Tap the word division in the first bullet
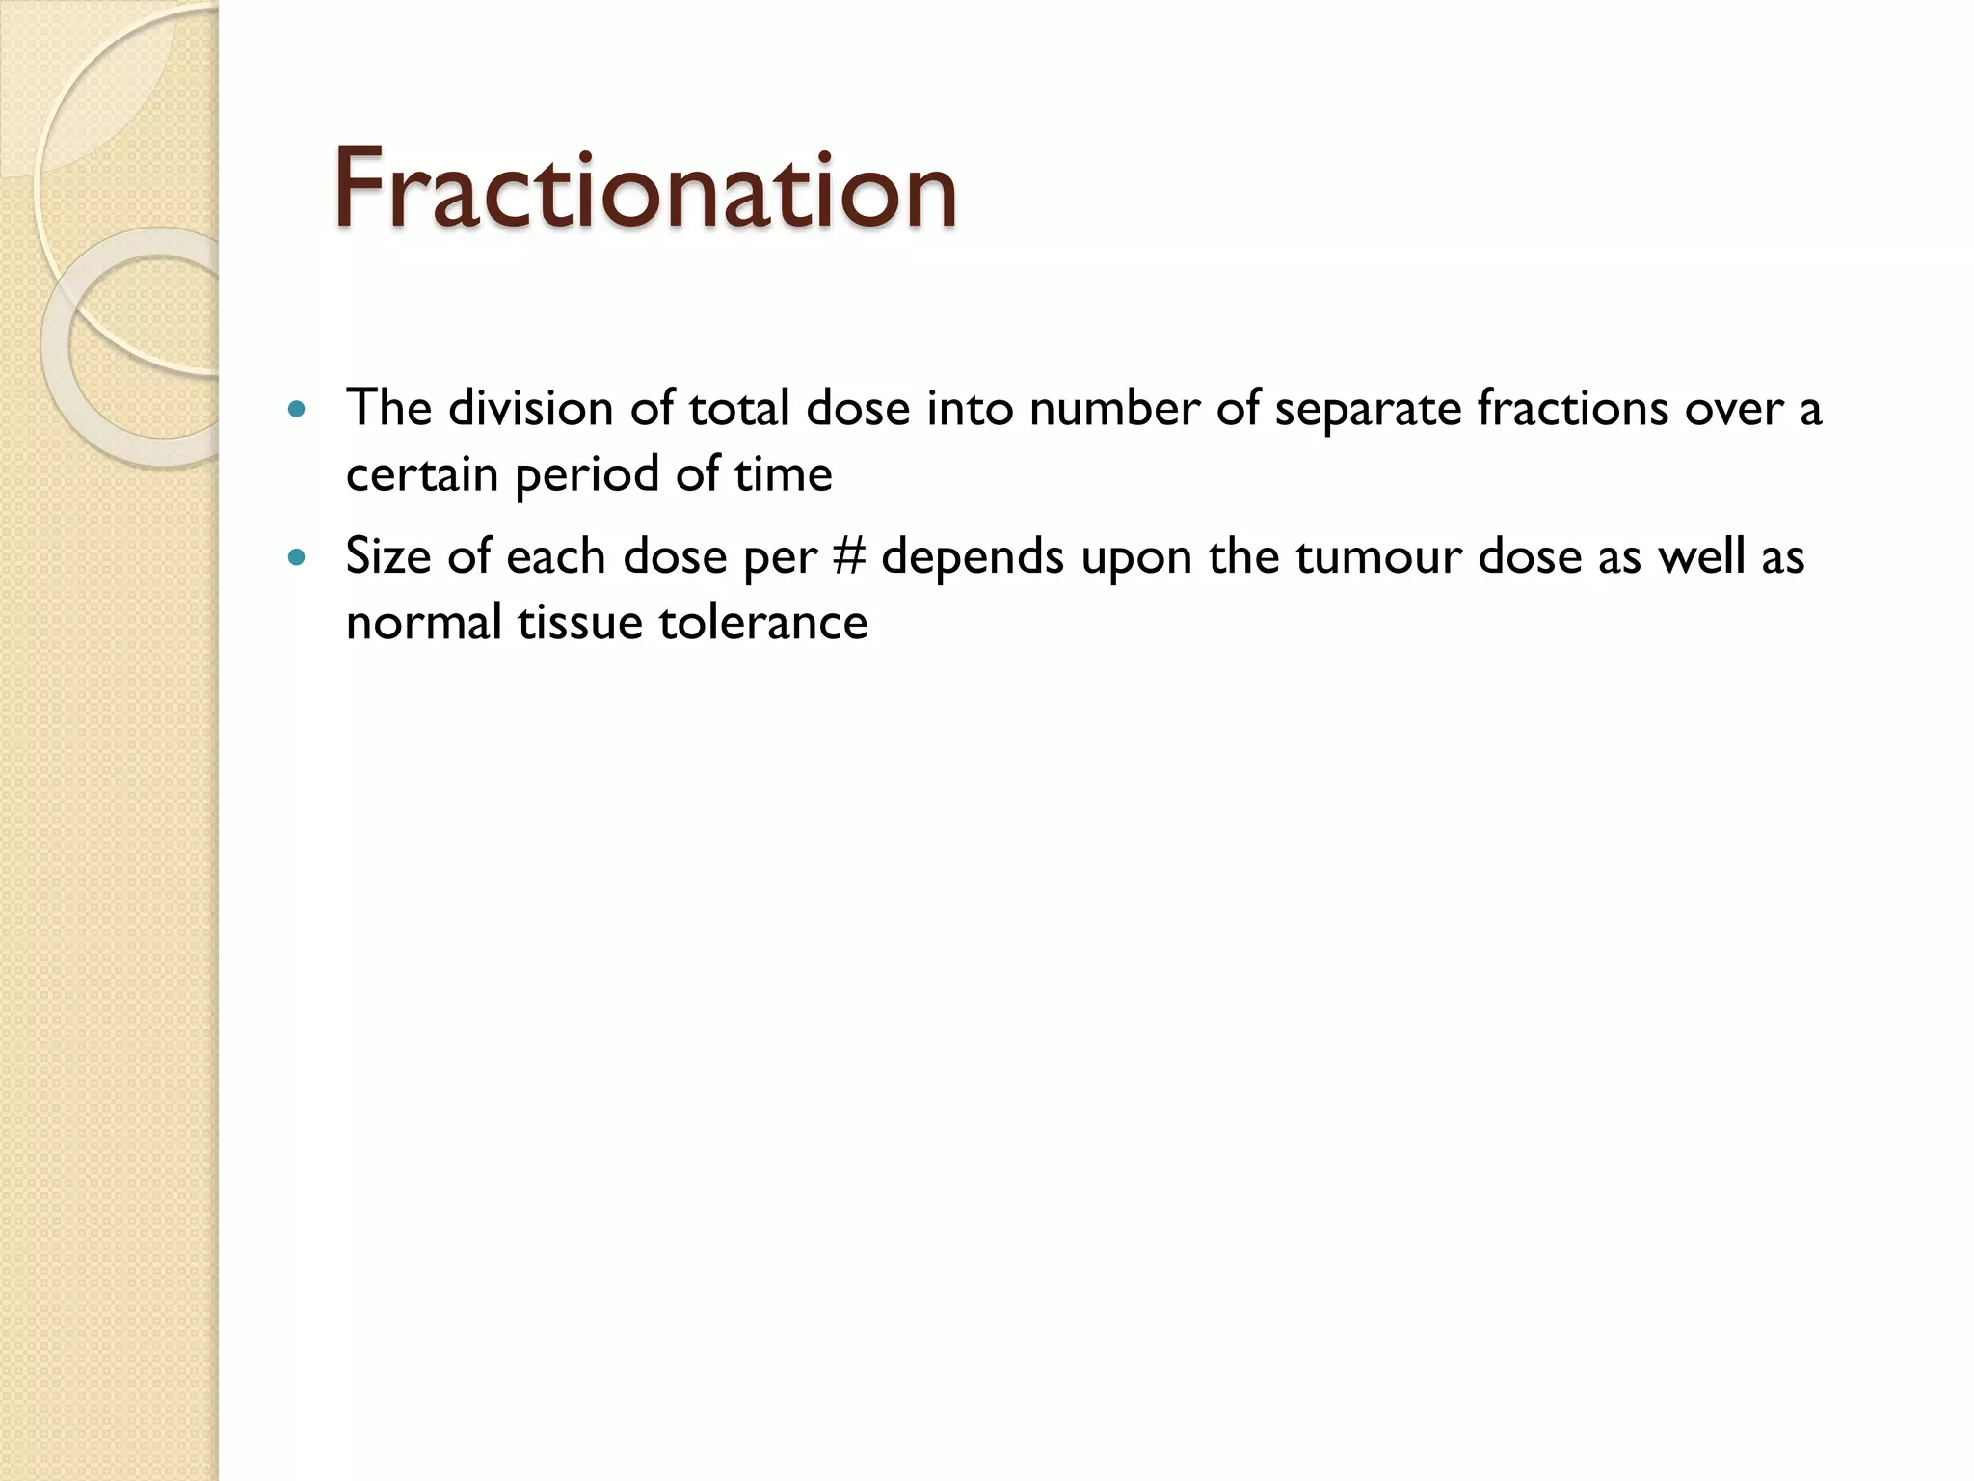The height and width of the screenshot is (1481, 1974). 530,408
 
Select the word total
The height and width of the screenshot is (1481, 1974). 739,408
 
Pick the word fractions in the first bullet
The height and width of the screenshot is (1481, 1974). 1572,408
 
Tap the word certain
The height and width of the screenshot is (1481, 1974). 421,474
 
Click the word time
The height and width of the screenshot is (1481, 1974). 783,474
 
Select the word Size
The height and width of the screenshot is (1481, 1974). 387,557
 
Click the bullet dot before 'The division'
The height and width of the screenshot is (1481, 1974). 296,409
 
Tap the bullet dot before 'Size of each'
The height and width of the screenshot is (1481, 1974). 296,557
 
